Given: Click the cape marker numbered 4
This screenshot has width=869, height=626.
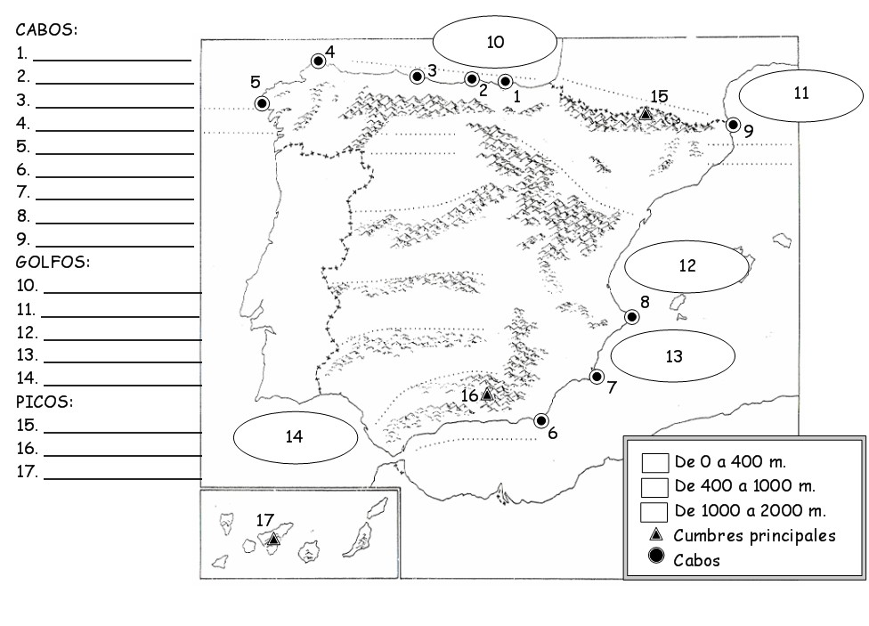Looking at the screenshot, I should pyautogui.click(x=318, y=61).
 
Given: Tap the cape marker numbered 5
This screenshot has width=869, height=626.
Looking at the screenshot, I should pyautogui.click(x=262, y=103).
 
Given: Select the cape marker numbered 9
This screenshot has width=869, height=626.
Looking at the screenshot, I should pyautogui.click(x=733, y=125).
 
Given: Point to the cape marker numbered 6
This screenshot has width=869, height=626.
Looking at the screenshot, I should pyautogui.click(x=540, y=421).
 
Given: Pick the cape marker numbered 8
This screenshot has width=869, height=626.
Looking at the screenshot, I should pyautogui.click(x=631, y=316).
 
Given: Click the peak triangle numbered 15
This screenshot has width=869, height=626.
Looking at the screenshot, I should pyautogui.click(x=646, y=114).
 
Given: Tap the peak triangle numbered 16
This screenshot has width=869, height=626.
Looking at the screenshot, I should pyautogui.click(x=486, y=394).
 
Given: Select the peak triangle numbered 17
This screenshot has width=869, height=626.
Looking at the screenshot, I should pyautogui.click(x=273, y=539).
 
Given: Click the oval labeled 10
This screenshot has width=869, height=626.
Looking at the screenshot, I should pyautogui.click(x=495, y=42).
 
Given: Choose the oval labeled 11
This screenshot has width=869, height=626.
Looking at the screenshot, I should pyautogui.click(x=800, y=93).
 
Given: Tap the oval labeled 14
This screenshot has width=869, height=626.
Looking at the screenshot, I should pyautogui.click(x=295, y=436).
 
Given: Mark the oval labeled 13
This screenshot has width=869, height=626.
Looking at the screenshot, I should pyautogui.click(x=673, y=356).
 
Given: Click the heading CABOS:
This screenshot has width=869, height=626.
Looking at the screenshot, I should pyautogui.click(x=46, y=29).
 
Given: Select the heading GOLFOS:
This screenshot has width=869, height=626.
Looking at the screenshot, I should pyautogui.click(x=53, y=263).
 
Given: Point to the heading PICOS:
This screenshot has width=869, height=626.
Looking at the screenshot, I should pyautogui.click(x=45, y=402).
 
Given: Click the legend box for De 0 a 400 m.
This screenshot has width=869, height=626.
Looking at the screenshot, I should pyautogui.click(x=655, y=463).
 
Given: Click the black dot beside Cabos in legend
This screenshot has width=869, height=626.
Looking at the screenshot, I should pyautogui.click(x=657, y=559).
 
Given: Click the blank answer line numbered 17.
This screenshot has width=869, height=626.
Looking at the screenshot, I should pyautogui.click(x=122, y=478).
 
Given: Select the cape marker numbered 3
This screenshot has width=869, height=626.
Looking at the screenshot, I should pyautogui.click(x=416, y=77).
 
